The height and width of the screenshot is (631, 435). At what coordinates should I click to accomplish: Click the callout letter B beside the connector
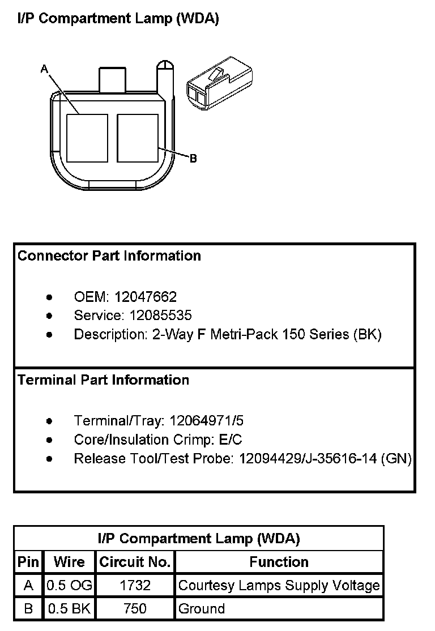point(193,159)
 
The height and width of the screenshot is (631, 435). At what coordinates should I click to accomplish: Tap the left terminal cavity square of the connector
point(87,137)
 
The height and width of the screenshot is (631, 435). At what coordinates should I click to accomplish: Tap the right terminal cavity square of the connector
point(137,137)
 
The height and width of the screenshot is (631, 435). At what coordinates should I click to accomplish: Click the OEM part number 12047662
point(146,297)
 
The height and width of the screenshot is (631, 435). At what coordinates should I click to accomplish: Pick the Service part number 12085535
point(160,315)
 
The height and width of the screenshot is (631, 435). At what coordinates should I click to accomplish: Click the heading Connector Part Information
point(109,256)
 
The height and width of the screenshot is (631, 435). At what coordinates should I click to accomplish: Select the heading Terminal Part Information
point(104,380)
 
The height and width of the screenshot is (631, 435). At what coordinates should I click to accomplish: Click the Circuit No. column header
point(135,562)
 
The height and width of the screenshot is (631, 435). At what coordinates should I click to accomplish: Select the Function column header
point(279,562)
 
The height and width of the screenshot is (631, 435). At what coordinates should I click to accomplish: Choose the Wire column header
point(69,562)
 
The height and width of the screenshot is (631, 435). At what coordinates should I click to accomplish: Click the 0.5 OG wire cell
point(69,585)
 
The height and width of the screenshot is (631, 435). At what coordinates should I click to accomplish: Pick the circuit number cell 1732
point(135,585)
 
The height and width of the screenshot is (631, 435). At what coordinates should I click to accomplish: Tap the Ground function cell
point(202,609)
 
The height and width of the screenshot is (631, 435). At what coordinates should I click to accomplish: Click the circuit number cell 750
point(135,609)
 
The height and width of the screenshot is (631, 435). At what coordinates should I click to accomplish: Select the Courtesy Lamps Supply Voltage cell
point(279,585)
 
